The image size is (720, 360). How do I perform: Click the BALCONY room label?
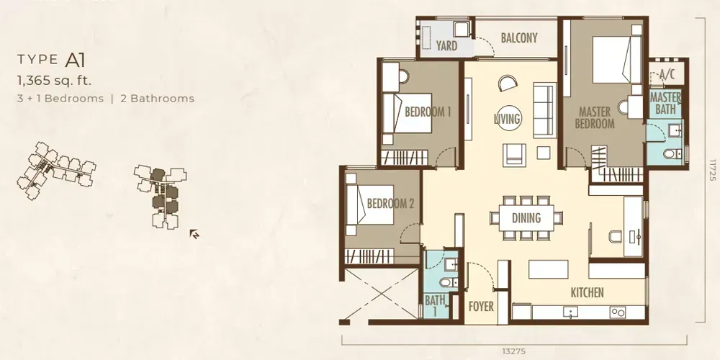tap(518, 38)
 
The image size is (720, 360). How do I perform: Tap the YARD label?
tap(446, 46)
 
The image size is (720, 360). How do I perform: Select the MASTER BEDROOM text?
tap(595, 118)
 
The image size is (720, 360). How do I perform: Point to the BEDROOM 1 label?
tap(427, 112)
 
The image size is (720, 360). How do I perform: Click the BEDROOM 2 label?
tap(390, 204)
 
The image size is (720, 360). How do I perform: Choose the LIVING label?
tap(508, 118)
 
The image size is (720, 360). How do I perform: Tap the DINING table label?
tap(526, 218)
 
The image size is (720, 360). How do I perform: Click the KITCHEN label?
tap(587, 292)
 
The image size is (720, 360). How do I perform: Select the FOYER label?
tap(481, 306)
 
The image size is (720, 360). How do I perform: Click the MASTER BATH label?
tap(665, 104)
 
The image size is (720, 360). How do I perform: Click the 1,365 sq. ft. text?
tap(55, 80)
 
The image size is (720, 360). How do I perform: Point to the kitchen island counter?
tap(552, 269)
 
